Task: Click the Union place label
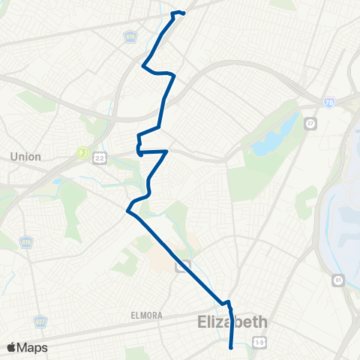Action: (x=26, y=156)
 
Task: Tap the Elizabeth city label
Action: (x=232, y=322)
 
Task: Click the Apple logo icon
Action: (x=12, y=347)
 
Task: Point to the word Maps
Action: (x=33, y=347)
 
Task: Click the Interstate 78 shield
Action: (x=328, y=101)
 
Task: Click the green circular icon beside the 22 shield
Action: (x=83, y=153)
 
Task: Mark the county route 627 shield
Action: (x=40, y=322)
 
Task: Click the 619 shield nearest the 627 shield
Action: (x=26, y=244)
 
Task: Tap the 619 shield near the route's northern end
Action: (x=130, y=35)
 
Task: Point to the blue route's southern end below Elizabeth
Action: (x=230, y=346)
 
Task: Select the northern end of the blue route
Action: (x=183, y=13)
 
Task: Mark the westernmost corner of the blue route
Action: (x=128, y=211)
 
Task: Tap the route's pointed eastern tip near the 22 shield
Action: (x=166, y=151)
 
